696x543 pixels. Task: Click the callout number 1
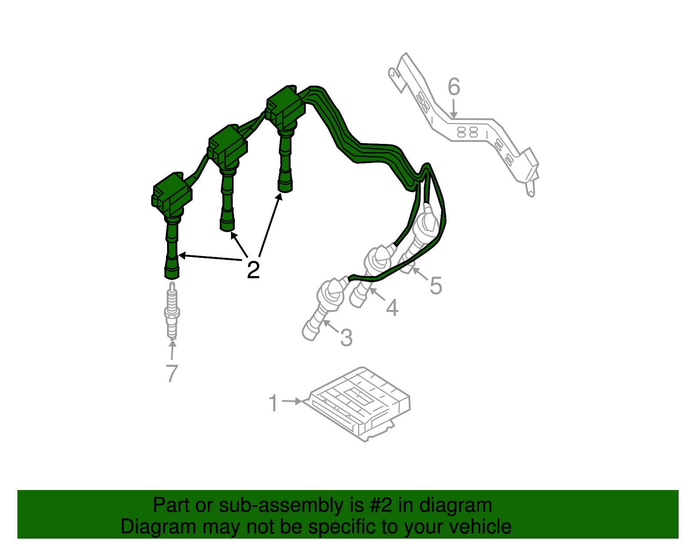(273, 403)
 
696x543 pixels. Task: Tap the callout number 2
(253, 270)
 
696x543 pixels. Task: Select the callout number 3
(346, 337)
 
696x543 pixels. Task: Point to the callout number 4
(392, 308)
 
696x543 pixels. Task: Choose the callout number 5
(435, 286)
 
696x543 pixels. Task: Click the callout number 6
(454, 87)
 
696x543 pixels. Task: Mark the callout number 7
(172, 373)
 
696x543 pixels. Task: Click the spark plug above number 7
(172, 310)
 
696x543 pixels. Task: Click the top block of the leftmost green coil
(172, 193)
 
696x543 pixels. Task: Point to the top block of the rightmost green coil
(286, 107)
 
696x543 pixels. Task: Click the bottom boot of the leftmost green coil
(172, 267)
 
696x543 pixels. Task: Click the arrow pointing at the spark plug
(172, 350)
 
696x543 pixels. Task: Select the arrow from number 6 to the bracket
(454, 109)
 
